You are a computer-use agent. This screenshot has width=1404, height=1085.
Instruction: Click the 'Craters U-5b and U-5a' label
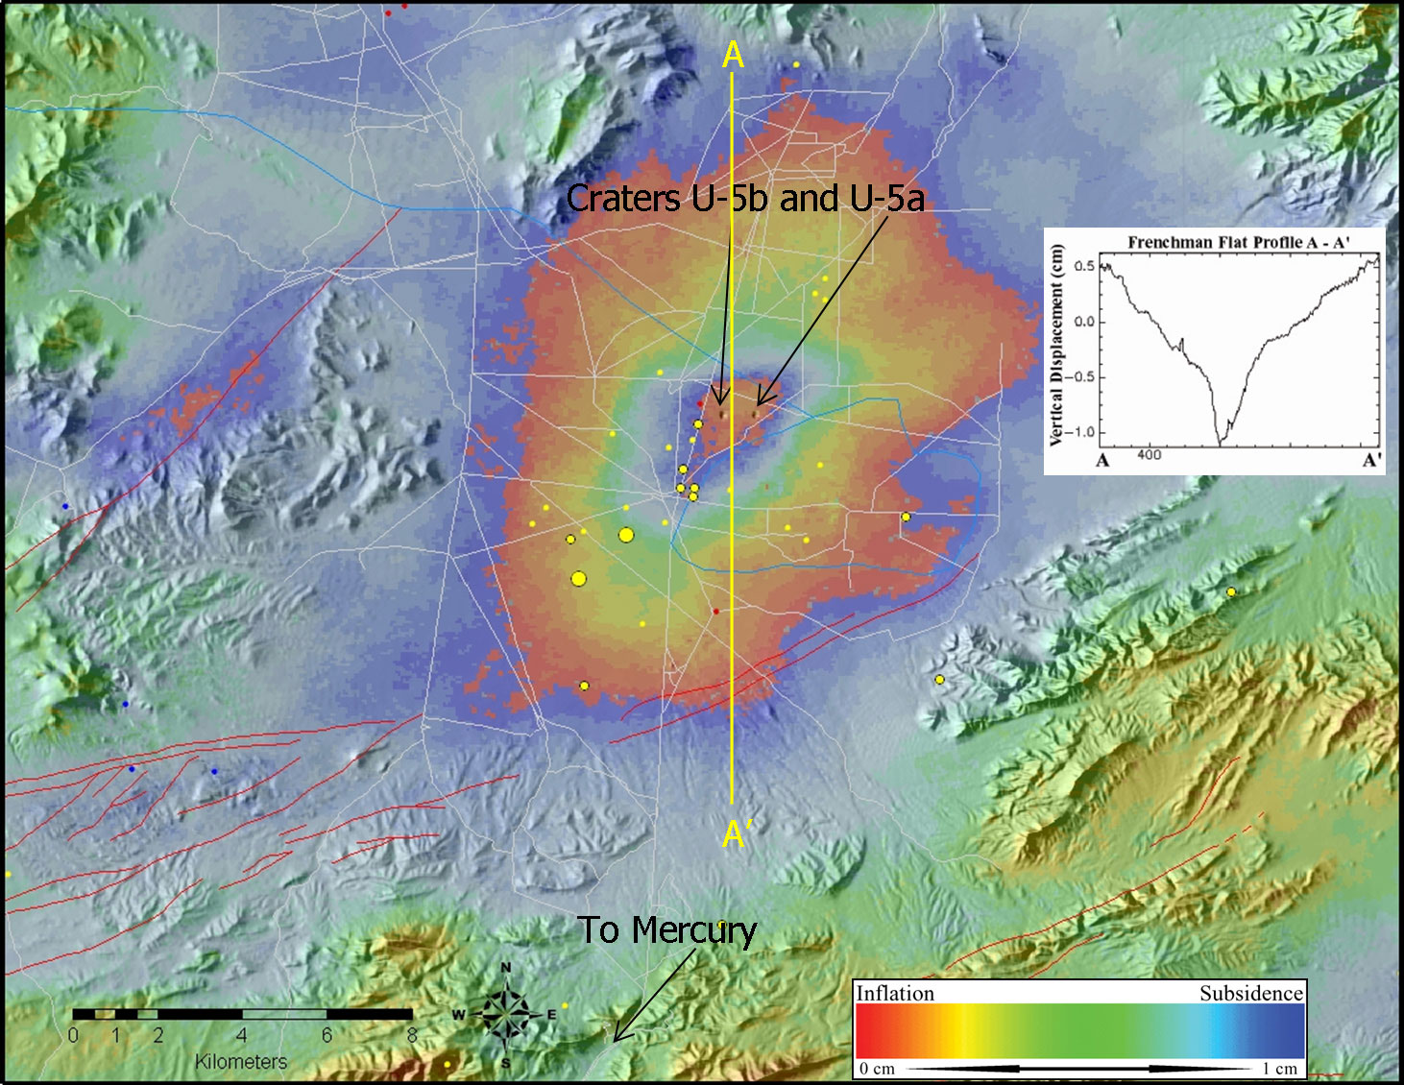tap(745, 199)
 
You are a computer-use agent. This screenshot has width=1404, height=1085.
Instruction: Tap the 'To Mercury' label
tap(666, 930)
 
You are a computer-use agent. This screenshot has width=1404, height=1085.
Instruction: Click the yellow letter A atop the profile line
tap(733, 56)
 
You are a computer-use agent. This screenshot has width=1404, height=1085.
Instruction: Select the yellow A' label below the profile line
tap(737, 834)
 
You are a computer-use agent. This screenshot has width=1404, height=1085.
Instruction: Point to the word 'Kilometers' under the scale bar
tap(241, 1061)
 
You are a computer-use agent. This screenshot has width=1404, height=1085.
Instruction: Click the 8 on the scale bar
tap(412, 1035)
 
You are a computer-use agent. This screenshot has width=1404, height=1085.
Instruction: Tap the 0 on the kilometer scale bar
tap(74, 1035)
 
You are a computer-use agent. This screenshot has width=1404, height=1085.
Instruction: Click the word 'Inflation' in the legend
tap(895, 994)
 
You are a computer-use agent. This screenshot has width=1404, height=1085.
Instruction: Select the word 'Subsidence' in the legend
tap(1251, 994)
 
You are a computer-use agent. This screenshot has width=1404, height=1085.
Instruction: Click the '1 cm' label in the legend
tap(1279, 1069)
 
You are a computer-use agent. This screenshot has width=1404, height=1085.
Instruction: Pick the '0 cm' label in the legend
tap(877, 1069)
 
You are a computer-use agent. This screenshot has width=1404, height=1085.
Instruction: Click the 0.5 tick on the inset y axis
tap(1084, 266)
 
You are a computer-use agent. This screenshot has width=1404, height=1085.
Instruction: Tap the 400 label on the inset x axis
tap(1149, 454)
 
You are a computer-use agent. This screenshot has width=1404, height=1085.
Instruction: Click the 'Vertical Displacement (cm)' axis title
tap(1056, 346)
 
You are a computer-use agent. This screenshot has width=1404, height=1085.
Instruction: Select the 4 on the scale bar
tap(242, 1035)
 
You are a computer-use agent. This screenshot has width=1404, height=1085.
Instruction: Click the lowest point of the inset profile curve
tap(1221, 445)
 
